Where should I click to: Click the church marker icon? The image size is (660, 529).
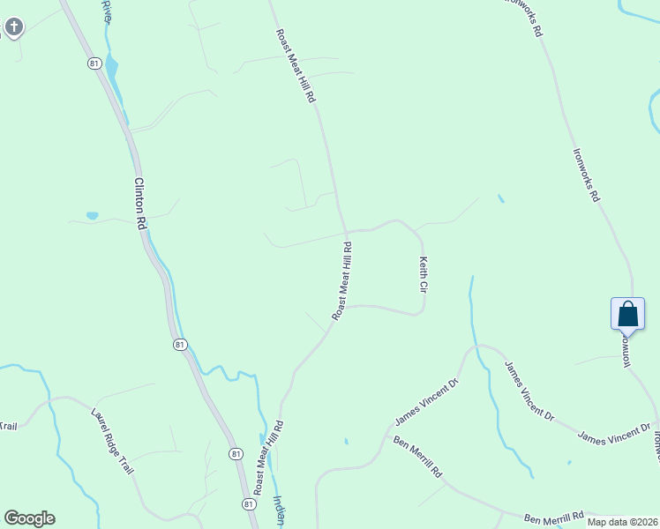[x=13, y=26]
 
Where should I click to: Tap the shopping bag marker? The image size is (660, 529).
[x=627, y=313]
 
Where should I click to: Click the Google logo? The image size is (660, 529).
[x=29, y=518]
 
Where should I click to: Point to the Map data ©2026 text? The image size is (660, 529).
[x=622, y=522]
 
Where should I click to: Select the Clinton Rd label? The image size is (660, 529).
[x=139, y=204]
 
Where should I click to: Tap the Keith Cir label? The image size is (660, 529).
[x=423, y=275]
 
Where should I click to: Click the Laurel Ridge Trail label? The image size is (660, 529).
[x=112, y=441]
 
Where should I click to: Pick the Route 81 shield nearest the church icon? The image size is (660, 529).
[x=94, y=63]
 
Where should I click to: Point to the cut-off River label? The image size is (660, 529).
[x=107, y=11]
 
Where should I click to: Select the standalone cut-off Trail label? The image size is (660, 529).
[x=8, y=427]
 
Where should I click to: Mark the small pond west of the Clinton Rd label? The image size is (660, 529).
[x=92, y=215]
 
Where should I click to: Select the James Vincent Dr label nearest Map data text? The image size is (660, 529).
[x=613, y=433]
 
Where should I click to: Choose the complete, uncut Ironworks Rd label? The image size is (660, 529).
[x=585, y=174]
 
